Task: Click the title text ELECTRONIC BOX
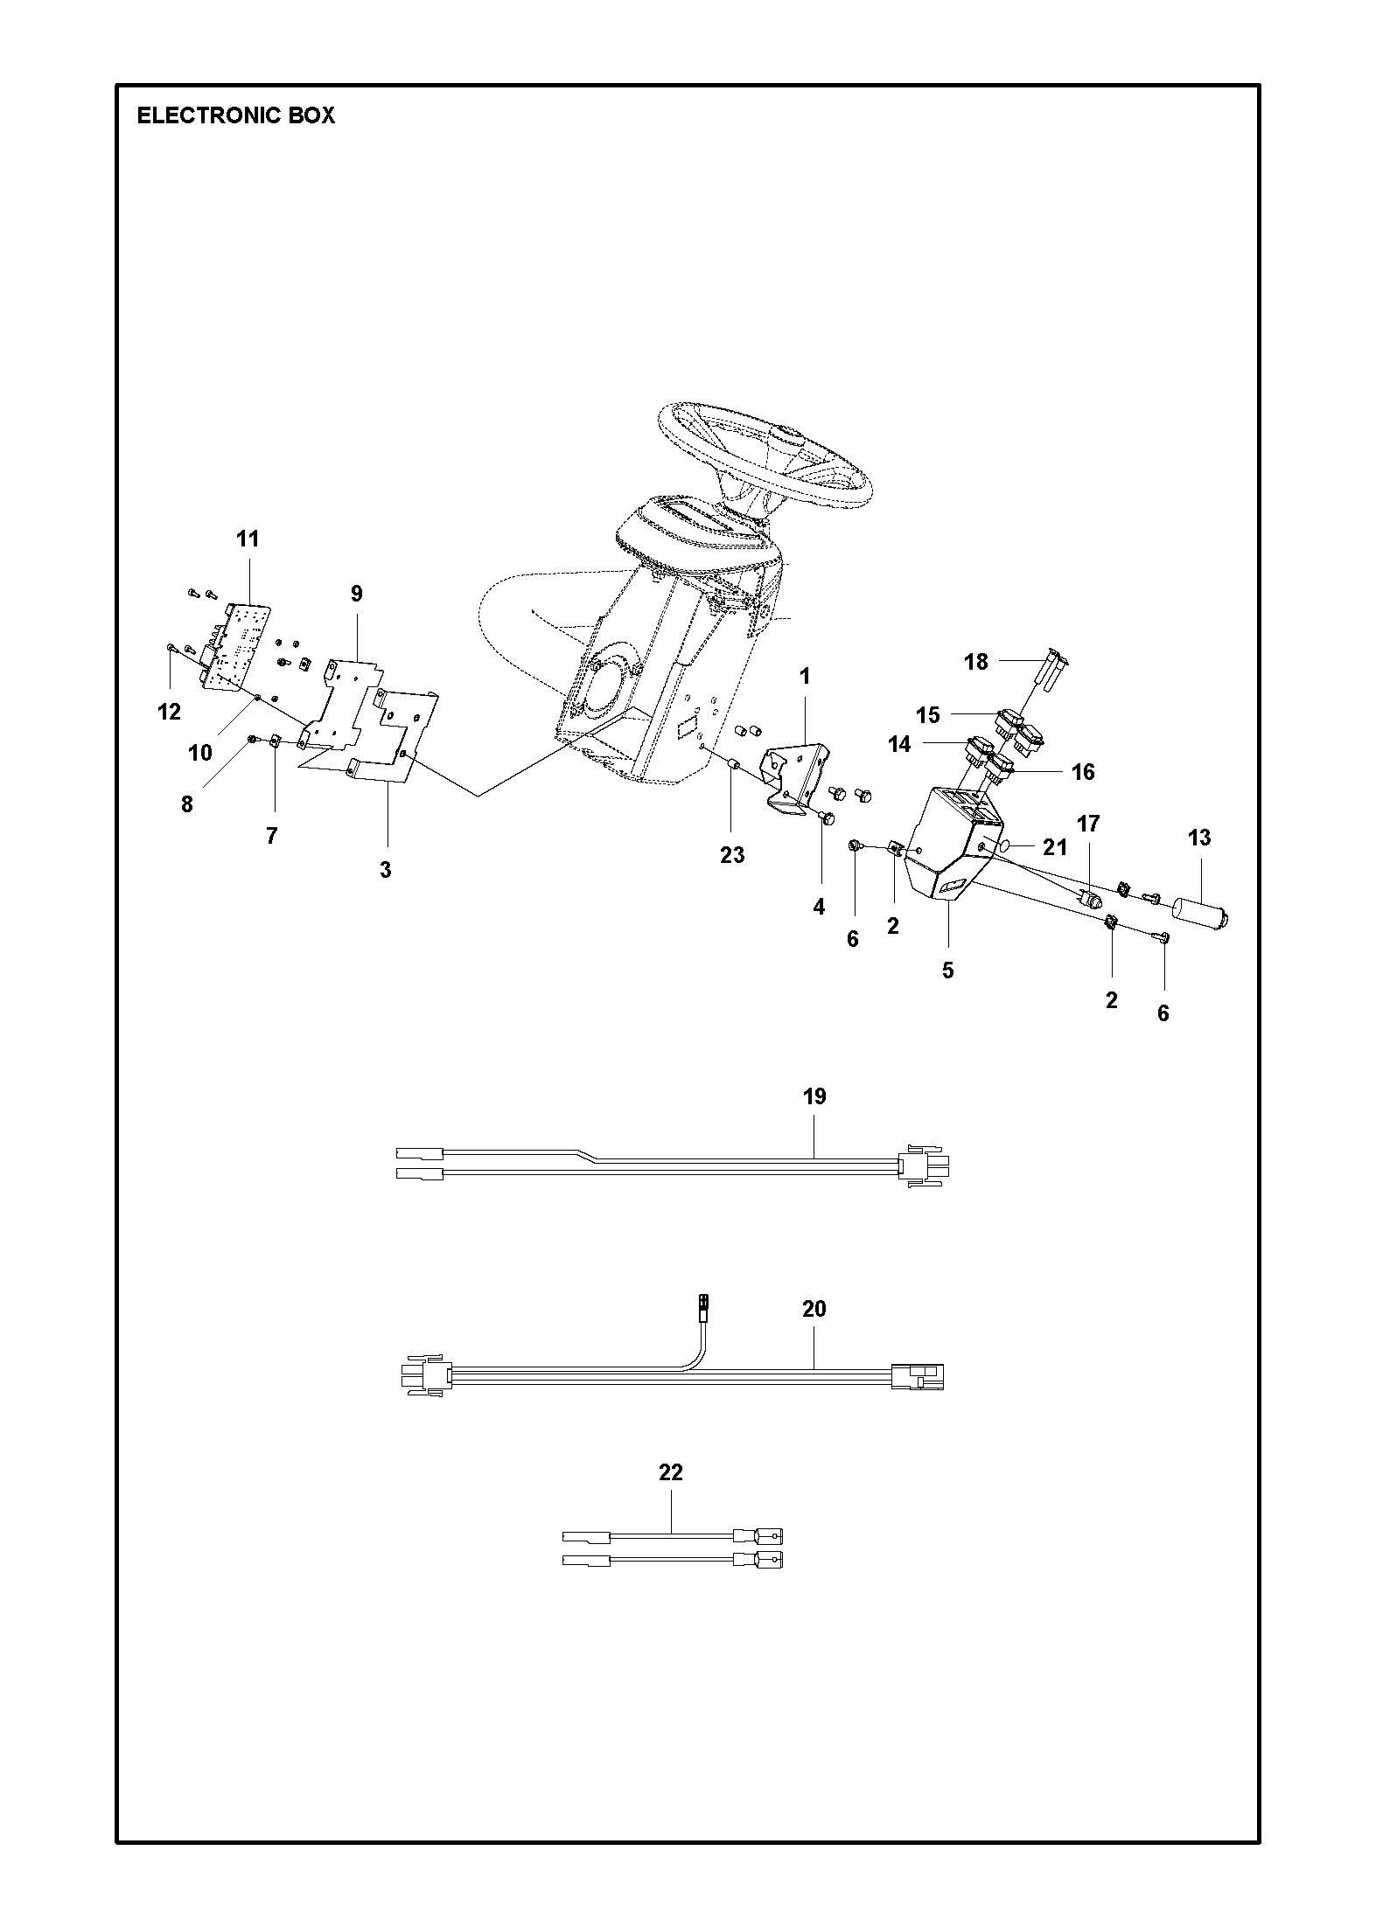(236, 115)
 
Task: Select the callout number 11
(248, 539)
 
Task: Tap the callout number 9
(356, 594)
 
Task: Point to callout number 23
(732, 855)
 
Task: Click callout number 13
(1199, 838)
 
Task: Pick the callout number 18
(975, 662)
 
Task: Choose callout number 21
(1056, 846)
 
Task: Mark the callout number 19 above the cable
(814, 1096)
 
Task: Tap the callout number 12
(169, 712)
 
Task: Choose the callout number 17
(1088, 824)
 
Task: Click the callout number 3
(386, 870)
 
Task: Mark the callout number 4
(819, 907)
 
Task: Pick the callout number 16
(1083, 772)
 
